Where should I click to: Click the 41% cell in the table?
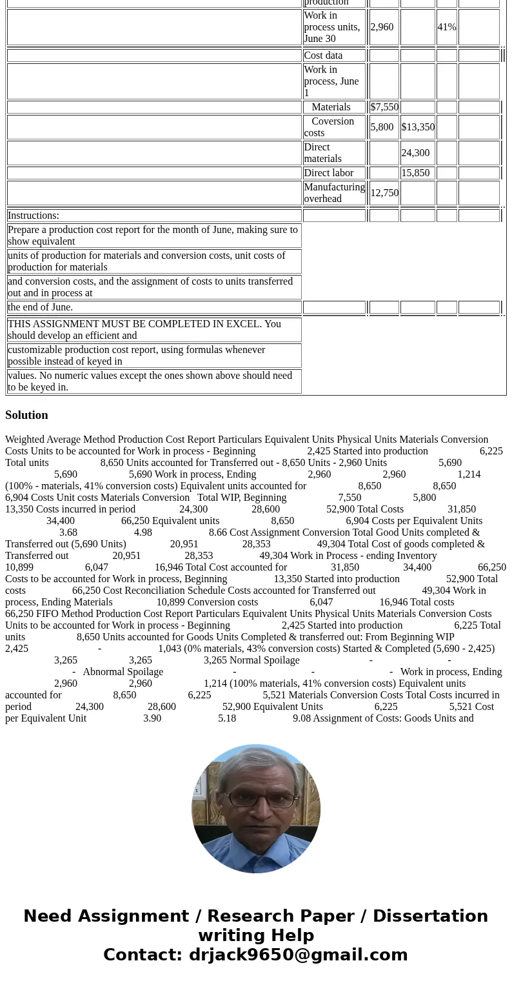[x=446, y=27]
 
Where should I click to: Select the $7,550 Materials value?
[x=384, y=107]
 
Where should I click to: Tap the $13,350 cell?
[x=418, y=127]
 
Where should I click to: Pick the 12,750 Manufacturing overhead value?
[x=384, y=193]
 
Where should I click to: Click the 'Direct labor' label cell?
[x=329, y=173]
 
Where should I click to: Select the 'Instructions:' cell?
[x=34, y=216]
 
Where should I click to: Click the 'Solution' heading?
[x=26, y=415]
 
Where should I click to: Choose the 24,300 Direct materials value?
[x=415, y=153]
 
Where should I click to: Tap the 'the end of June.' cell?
[x=40, y=307]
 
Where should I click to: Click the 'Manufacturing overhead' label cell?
[x=334, y=193]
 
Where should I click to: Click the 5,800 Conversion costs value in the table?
[x=382, y=127]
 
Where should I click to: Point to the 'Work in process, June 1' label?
[x=331, y=81]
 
